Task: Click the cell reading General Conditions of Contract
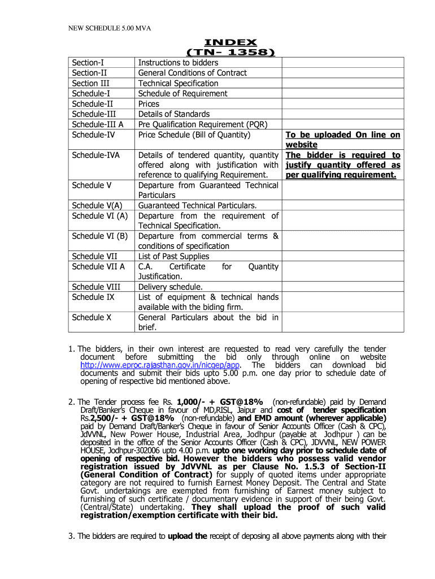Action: tap(193, 73)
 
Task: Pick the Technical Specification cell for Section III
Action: tap(178, 83)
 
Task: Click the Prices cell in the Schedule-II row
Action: tap(149, 103)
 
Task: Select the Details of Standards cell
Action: tap(174, 114)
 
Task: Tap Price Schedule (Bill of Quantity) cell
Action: tap(194, 135)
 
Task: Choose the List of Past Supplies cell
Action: tap(173, 256)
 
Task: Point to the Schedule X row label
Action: tap(92, 317)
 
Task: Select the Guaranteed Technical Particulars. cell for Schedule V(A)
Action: tap(198, 205)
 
